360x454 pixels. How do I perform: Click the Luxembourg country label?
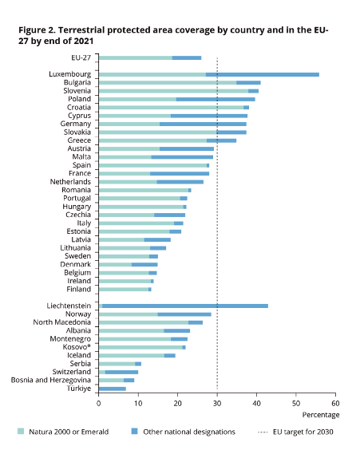pos(69,74)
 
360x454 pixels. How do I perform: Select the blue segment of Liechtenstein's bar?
pos(185,306)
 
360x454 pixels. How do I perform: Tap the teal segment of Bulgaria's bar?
pos(168,83)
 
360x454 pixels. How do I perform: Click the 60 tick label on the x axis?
pos(335,403)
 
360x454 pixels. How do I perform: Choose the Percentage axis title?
pos(321,415)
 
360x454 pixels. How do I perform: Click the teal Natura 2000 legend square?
pos(21,431)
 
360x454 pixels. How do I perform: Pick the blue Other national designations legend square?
pos(134,431)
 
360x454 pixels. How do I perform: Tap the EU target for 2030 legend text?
pos(303,432)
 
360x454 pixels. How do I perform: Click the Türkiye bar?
pos(113,389)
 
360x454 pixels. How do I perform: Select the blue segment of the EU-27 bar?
pos(187,58)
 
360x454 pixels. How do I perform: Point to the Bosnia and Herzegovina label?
pos(51,380)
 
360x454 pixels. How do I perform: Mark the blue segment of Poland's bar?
pos(216,99)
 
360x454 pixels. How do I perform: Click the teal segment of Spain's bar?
pos(152,166)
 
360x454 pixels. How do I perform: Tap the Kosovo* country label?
pos(77,347)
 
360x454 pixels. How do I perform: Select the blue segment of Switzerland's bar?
pos(121,372)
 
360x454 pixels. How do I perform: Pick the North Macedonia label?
pos(62,322)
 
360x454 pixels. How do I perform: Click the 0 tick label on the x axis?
pos(99,403)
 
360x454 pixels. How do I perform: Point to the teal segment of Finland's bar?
pos(124,290)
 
